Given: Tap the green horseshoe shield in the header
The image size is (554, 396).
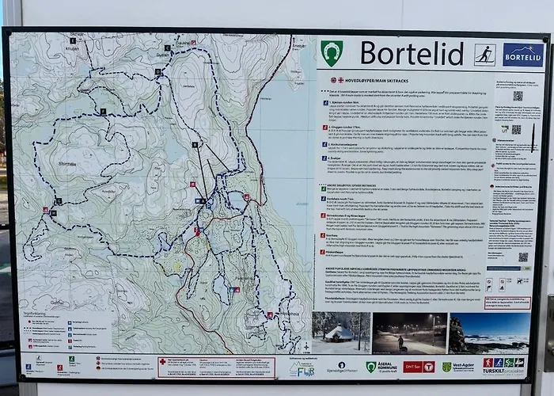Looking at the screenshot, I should pos(332,53).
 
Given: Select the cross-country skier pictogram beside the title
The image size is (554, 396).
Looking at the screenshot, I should pos(484,55).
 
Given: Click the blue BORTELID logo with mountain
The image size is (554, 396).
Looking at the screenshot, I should pos(523,55).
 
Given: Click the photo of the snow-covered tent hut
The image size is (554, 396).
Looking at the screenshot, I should pos(340,332).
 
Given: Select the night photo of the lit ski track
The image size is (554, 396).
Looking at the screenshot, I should pos(409,333).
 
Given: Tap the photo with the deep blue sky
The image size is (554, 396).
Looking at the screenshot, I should pos(488,333).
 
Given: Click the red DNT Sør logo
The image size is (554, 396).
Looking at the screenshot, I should pos(419,367).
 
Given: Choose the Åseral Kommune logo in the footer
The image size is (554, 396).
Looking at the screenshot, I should pos(381,367).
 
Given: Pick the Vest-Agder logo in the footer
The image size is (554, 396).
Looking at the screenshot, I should pos(458,367).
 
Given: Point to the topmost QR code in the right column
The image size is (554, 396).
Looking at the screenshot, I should pos(518,96).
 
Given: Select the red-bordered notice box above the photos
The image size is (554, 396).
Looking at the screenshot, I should pos(507,303).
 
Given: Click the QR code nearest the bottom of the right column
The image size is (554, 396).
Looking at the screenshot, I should pos(523,257).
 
